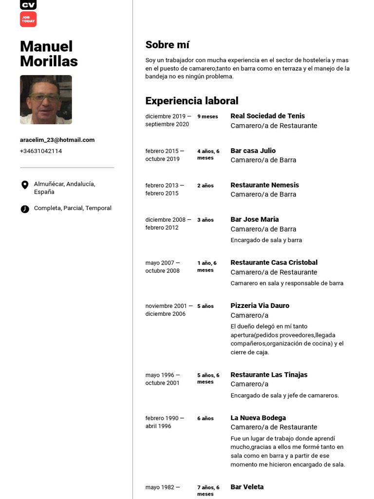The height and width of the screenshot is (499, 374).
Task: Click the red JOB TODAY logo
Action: point(28,19)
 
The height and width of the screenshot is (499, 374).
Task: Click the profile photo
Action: point(46,99)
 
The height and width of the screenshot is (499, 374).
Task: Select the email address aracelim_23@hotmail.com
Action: point(57,140)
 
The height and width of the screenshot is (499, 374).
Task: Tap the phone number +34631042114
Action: point(41,151)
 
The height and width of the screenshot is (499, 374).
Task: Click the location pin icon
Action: point(25,185)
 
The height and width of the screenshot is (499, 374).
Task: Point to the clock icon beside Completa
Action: point(25,209)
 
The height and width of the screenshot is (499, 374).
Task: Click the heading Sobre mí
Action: point(167,45)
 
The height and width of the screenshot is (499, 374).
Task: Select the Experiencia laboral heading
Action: point(191,101)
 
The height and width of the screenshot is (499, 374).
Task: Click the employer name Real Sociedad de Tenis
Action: point(267,116)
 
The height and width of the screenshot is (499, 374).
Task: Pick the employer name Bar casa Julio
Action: point(253,151)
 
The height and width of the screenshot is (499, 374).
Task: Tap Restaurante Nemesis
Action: point(264,185)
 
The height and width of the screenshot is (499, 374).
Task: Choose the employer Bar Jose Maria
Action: point(254,219)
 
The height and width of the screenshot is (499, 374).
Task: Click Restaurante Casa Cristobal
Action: point(274,263)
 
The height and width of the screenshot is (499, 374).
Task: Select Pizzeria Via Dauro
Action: point(260,306)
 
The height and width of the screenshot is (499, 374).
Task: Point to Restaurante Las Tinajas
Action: point(269,375)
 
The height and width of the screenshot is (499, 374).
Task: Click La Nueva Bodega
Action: point(258,418)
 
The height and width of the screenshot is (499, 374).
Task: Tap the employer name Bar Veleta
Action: point(247,487)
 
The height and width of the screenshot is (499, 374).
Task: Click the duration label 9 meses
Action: point(207,116)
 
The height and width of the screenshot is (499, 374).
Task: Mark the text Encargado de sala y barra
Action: point(266,240)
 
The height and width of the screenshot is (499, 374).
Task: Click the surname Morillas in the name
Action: point(49,61)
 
